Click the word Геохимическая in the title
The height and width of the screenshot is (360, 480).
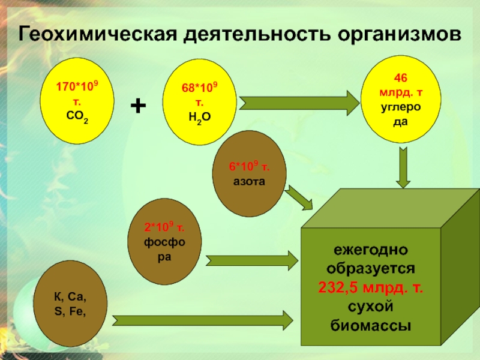pyautogui.click(x=98, y=34)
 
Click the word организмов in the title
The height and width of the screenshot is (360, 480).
pyautogui.click(x=399, y=34)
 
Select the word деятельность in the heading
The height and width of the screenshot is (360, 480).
pyautogui.click(x=257, y=34)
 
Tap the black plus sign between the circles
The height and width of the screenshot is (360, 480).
pyautogui.click(x=138, y=106)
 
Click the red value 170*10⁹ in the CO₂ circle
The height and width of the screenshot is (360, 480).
pyautogui.click(x=77, y=86)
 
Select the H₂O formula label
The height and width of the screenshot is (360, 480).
pyautogui.click(x=200, y=117)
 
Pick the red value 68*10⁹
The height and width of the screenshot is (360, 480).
pyautogui.click(x=200, y=88)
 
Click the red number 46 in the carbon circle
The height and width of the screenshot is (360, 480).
pyautogui.click(x=400, y=78)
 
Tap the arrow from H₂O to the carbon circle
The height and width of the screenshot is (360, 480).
pyautogui.click(x=299, y=103)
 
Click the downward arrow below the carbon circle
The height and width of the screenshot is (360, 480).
pyautogui.click(x=403, y=167)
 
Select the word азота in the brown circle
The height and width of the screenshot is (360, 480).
pyautogui.click(x=249, y=182)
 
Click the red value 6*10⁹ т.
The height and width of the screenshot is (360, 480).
pyautogui.click(x=249, y=167)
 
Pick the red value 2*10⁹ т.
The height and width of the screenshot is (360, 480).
pyautogui.click(x=164, y=227)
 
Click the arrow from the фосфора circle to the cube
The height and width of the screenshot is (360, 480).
pyautogui.click(x=252, y=260)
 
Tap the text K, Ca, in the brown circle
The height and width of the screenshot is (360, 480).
pyautogui.click(x=70, y=296)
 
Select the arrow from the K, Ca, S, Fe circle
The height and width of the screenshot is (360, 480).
pyautogui.click(x=203, y=320)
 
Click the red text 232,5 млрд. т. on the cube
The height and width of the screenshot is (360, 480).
pyautogui.click(x=370, y=287)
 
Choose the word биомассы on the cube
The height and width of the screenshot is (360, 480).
pyautogui.click(x=370, y=326)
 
